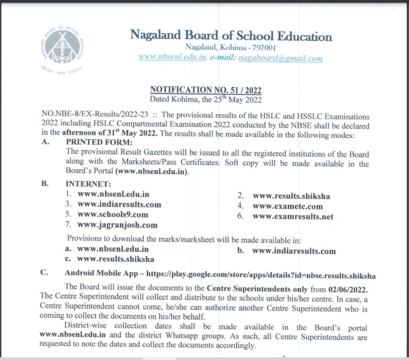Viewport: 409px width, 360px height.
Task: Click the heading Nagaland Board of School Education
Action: tap(231, 35)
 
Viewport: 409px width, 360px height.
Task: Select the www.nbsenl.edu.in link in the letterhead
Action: tap(172, 58)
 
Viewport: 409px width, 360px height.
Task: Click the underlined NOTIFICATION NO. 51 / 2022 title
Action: tap(206, 89)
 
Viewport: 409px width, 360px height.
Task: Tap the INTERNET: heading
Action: tap(88, 184)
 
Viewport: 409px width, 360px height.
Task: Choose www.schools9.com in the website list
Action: tap(113, 214)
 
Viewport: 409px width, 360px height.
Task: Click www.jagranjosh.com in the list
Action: tap(117, 225)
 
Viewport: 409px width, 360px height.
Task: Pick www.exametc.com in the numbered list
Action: tap(288, 206)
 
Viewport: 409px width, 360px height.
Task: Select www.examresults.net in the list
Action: tap(293, 217)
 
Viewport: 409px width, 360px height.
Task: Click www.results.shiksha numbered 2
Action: tap(291, 196)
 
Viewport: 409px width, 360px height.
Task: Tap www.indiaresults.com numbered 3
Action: tap(119, 204)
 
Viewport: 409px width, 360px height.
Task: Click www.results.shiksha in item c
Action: tap(115, 259)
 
